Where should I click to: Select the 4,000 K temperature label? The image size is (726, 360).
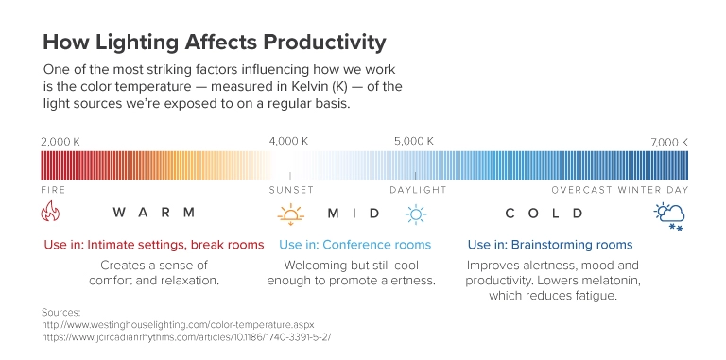tap(289, 142)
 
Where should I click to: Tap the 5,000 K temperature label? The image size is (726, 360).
tap(414, 142)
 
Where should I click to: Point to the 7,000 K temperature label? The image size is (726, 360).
tap(668, 142)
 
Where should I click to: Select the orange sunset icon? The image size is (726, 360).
tap(290, 214)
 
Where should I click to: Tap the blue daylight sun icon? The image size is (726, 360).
tap(415, 214)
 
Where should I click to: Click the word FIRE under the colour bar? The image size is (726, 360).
tap(53, 189)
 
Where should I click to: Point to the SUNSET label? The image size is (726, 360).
tap(290, 189)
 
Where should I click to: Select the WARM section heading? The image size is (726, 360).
tap(154, 213)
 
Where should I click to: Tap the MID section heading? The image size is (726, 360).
tap(354, 213)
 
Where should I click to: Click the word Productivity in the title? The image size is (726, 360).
tap(315, 43)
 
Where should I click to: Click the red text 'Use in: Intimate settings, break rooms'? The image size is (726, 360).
tap(154, 245)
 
